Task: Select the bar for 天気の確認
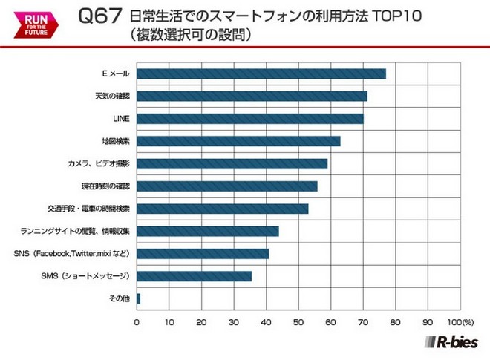pos(252,96)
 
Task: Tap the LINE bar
pos(250,119)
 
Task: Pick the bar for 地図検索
pos(238,141)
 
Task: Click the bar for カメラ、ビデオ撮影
pos(232,163)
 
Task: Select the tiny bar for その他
pos(138,298)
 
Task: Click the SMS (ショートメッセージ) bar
pos(194,276)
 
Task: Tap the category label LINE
pos(121,119)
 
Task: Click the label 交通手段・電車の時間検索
pos(88,209)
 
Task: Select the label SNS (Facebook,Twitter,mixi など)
pos(72,254)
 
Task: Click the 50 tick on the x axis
pos(298,323)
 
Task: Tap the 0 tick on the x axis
pos(137,323)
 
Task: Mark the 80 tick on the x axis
pos(395,323)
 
